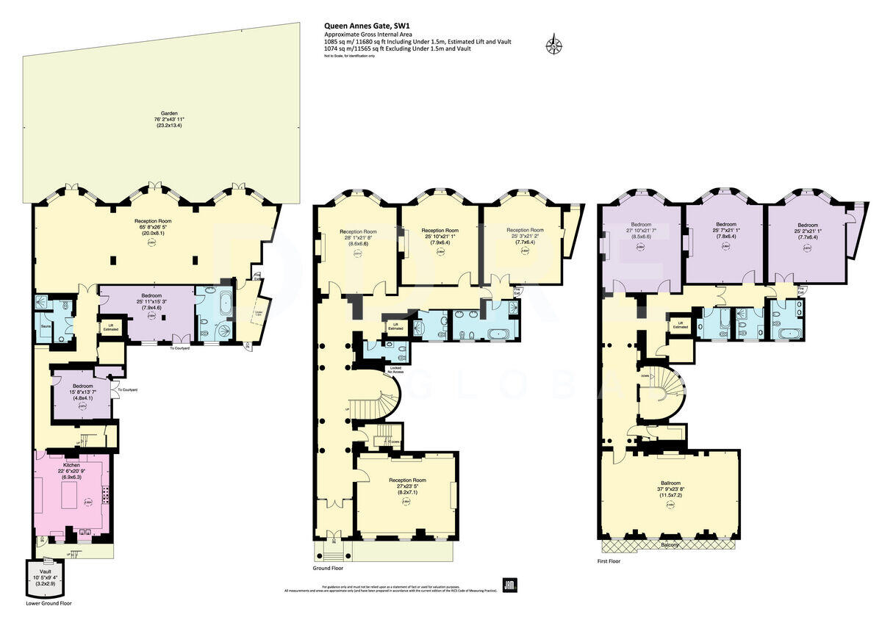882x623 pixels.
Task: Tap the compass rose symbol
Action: point(553,46)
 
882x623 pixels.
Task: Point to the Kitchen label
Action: point(72,465)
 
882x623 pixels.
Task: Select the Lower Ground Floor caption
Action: point(49,603)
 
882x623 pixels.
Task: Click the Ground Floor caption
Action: point(329,568)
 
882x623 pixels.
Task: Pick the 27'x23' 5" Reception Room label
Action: point(408,480)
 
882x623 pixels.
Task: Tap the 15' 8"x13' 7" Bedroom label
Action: point(82,386)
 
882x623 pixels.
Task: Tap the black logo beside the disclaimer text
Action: point(509,585)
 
